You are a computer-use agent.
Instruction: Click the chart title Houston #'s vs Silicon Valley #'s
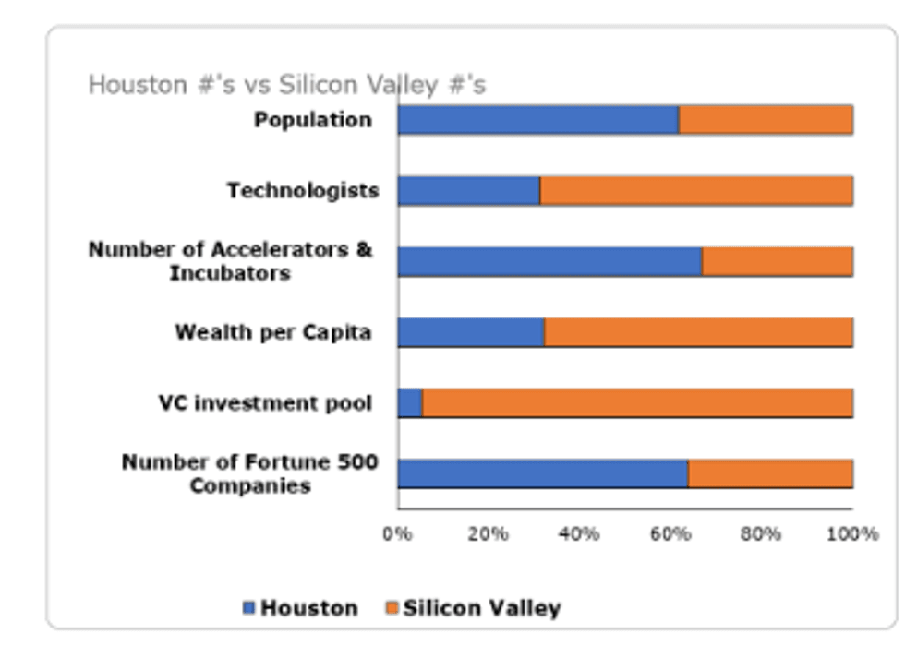[286, 85]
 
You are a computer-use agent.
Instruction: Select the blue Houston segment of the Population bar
[538, 120]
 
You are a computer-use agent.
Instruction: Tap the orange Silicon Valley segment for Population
[766, 120]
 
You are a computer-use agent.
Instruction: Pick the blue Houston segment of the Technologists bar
[469, 191]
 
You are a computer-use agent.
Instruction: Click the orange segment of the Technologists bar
[696, 191]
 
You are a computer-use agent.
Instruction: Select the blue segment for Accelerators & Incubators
[550, 261]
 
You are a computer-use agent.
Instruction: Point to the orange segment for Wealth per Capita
[698, 332]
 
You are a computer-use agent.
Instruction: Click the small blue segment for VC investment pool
[410, 403]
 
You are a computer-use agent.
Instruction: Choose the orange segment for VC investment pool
[637, 403]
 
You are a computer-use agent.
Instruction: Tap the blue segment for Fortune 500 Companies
[543, 473]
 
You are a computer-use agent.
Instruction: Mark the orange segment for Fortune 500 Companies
[770, 473]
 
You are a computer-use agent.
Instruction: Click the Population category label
[313, 120]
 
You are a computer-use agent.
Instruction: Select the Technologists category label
[303, 191]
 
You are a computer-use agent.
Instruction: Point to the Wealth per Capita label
[273, 332]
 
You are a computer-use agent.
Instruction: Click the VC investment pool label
[265, 403]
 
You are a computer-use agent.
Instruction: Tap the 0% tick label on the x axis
[397, 534]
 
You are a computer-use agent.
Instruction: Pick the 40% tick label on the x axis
[579, 534]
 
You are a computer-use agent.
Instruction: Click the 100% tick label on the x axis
[851, 534]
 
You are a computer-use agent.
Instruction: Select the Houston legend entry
[300, 608]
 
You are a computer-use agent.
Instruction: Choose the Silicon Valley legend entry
[472, 608]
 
